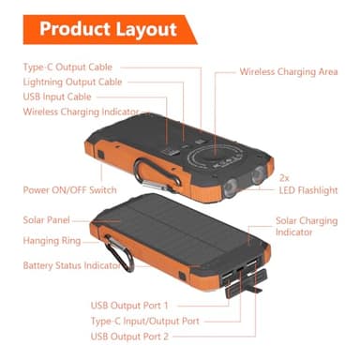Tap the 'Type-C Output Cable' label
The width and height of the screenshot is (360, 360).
coord(67,67)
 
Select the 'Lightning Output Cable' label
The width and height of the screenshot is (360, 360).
coord(71,82)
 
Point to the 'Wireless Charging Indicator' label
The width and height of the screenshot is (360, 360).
coord(79,112)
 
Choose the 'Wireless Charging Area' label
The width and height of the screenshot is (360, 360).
coord(288,71)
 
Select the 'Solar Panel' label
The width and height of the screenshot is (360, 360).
coord(47,219)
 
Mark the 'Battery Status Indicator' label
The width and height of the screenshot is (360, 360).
coord(71,265)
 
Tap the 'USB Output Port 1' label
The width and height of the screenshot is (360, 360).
coord(129,306)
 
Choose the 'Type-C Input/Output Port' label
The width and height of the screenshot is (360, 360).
coord(145,321)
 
